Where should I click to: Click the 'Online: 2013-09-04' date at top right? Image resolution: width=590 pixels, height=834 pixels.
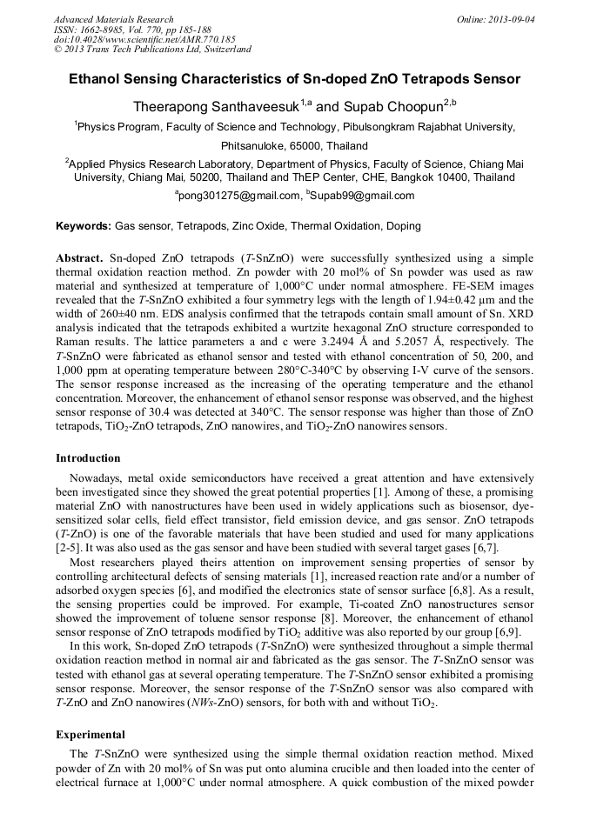(499, 19)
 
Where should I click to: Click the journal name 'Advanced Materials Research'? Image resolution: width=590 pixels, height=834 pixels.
(113, 19)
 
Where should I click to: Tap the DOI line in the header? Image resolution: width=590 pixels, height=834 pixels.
(144, 40)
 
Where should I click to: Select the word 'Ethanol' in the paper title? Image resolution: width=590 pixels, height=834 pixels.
(99, 79)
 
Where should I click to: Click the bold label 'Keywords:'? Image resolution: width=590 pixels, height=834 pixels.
(84, 226)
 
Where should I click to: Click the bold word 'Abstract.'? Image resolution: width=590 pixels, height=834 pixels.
(80, 259)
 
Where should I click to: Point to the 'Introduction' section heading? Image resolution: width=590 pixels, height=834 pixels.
(88, 457)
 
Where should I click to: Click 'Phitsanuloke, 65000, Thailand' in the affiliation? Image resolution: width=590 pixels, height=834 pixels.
(294, 146)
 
